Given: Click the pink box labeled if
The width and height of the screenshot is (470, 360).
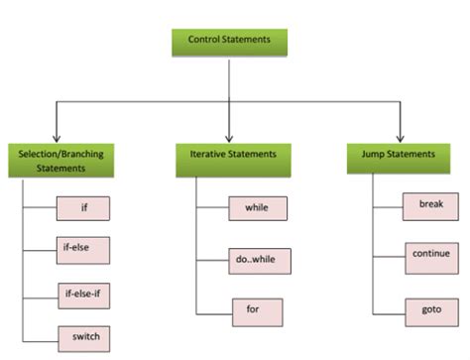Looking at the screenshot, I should pos(83,209).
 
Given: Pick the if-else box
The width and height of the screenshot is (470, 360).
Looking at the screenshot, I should pos(83,251).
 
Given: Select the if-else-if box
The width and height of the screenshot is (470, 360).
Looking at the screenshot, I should pos(83,295).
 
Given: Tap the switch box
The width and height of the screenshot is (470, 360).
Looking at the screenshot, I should pos(83,336).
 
